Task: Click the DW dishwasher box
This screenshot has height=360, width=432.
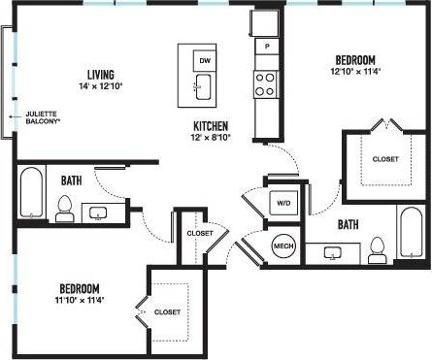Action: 204,60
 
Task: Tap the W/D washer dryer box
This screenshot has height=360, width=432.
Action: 283,204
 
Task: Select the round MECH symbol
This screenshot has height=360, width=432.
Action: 283,245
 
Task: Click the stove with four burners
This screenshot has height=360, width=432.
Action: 264,84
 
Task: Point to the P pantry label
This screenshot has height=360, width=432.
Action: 264,46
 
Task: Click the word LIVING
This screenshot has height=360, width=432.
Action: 101,75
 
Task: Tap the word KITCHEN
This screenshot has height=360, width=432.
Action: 211,126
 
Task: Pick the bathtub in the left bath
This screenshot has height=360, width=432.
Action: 30,194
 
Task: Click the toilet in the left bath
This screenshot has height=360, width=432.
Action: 65,209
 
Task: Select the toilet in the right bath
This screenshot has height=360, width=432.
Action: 379,249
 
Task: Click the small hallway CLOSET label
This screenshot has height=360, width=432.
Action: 200,233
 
